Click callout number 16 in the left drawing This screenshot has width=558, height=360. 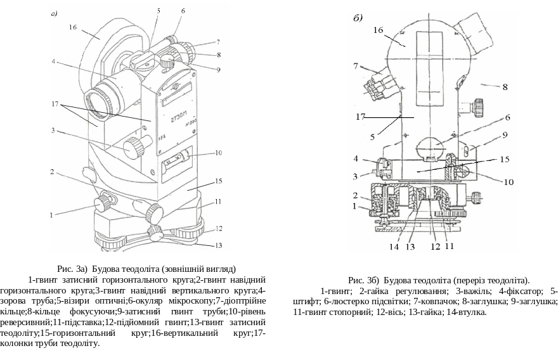73,28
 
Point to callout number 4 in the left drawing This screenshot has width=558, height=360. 55,61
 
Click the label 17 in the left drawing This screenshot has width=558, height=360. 56,103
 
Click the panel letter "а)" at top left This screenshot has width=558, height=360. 55,13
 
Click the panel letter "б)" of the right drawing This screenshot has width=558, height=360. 358,18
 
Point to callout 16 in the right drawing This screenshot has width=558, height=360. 379,30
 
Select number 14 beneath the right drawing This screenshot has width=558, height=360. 394,247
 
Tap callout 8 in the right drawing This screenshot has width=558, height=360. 505,86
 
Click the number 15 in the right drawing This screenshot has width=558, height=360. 505,160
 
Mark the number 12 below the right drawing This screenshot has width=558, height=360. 435,247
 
